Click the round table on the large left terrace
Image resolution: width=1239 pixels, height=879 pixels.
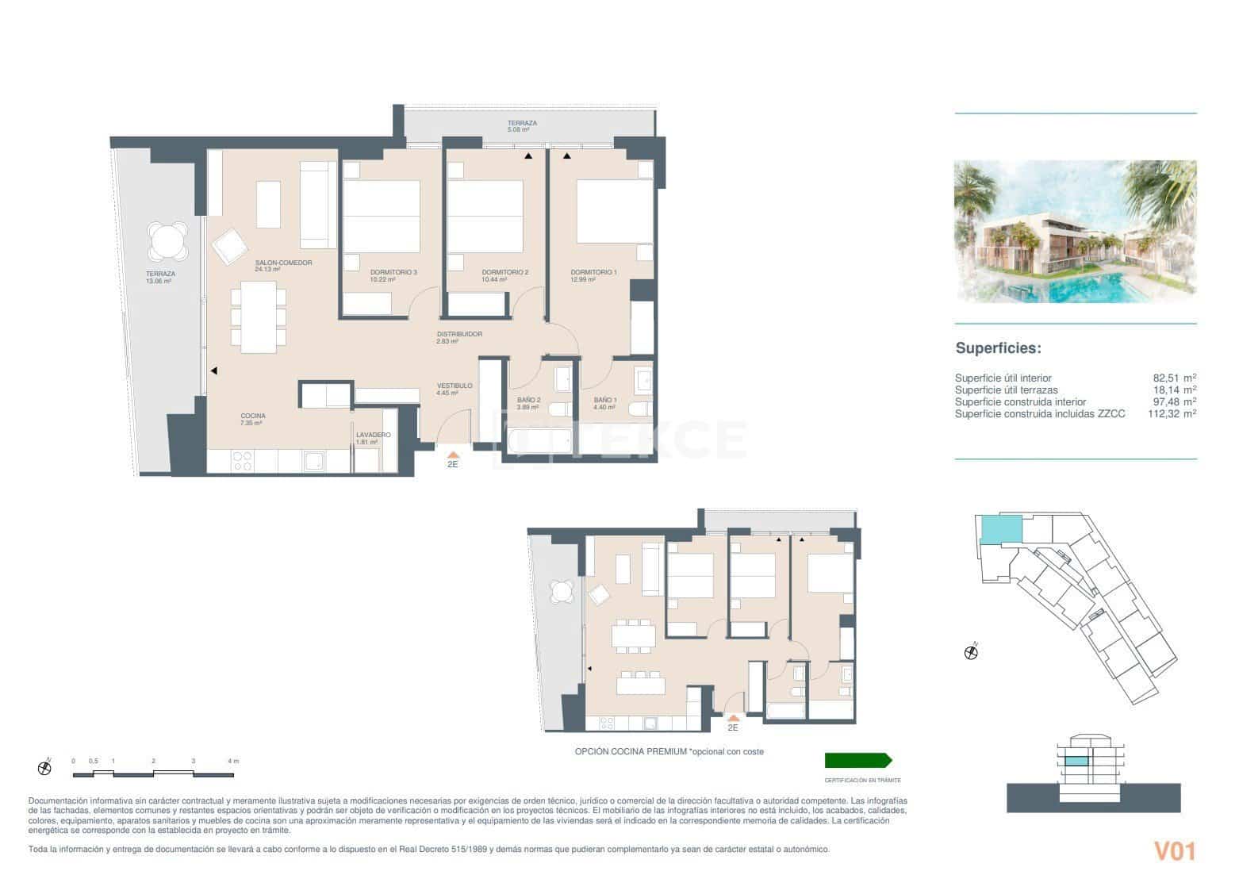tap(167, 240)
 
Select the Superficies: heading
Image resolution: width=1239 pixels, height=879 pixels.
tap(998, 348)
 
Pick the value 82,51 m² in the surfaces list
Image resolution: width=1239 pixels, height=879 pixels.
tap(1174, 378)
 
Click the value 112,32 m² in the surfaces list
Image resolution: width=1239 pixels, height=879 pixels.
tap(1172, 413)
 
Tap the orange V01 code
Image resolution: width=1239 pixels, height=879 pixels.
tap(1174, 851)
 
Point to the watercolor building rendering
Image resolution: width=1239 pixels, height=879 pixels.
tap(1075, 232)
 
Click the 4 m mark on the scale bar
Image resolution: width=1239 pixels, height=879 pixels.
tap(232, 761)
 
